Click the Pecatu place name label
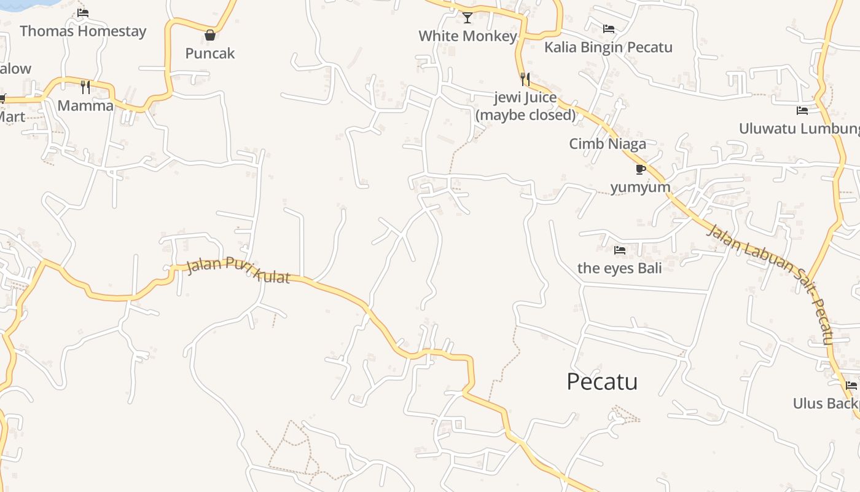602,382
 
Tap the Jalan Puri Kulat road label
238,270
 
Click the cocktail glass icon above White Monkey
467,17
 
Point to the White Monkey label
467,36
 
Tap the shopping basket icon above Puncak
210,35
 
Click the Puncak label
210,54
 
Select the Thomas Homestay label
83,31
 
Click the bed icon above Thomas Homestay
83,13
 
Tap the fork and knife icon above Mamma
85,87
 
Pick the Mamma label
85,106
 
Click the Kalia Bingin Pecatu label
608,47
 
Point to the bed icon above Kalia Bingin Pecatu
609,29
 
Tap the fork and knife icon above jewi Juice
525,79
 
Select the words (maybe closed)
525,115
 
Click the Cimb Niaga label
608,144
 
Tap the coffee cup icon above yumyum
641,169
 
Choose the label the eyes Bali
619,268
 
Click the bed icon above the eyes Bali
620,250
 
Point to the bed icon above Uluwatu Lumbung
802,111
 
